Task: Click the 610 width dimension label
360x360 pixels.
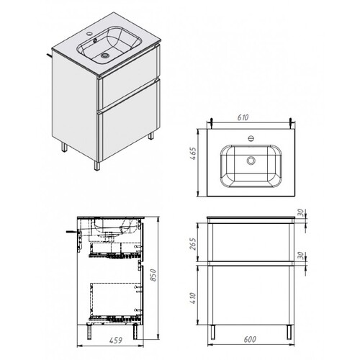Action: pyautogui.click(x=243, y=117)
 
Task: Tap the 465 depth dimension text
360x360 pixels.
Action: pyautogui.click(x=193, y=153)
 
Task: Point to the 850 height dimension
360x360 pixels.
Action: pyautogui.click(x=153, y=275)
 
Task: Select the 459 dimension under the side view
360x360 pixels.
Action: pyautogui.click(x=116, y=340)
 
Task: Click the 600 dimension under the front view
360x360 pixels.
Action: pyautogui.click(x=250, y=339)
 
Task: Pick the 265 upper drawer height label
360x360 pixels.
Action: pyautogui.click(x=193, y=244)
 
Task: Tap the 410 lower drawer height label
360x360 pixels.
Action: pyautogui.click(x=193, y=298)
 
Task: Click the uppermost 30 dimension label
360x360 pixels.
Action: pyautogui.click(x=301, y=212)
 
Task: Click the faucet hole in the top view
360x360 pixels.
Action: pyautogui.click(x=251, y=138)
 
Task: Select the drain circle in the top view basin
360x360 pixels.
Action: pyautogui.click(x=251, y=161)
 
